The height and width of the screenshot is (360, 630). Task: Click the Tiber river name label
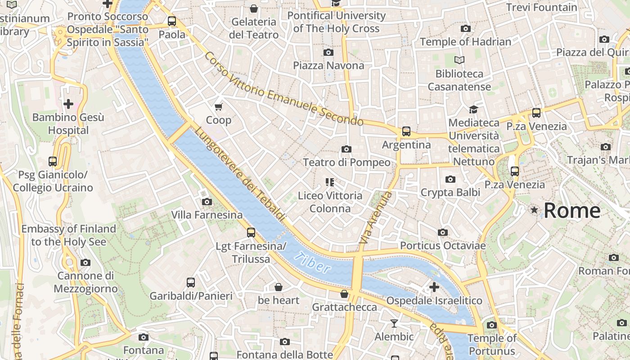click(311, 263)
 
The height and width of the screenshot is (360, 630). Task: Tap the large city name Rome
click(571, 211)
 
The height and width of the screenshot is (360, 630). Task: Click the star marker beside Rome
click(534, 210)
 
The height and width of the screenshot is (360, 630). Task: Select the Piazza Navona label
click(328, 66)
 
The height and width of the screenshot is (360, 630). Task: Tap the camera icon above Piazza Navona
click(328, 52)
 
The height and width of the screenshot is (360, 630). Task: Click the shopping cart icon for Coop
click(219, 107)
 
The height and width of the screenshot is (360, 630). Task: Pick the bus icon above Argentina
click(406, 131)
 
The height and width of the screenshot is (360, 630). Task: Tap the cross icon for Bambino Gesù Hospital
click(68, 104)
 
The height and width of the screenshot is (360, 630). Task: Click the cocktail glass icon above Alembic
click(394, 323)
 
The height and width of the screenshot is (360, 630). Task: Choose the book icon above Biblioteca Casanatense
click(459, 60)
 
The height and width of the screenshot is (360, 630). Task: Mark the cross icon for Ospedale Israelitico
click(434, 287)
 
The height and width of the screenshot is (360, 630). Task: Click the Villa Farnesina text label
click(207, 215)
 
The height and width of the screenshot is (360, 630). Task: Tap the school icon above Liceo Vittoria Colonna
click(330, 182)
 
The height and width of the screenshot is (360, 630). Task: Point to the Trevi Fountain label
click(541, 7)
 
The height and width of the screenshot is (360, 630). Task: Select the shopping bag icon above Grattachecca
click(344, 294)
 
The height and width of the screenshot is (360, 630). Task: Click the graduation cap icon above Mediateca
click(473, 109)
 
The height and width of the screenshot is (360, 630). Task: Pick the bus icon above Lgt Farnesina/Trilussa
click(251, 233)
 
